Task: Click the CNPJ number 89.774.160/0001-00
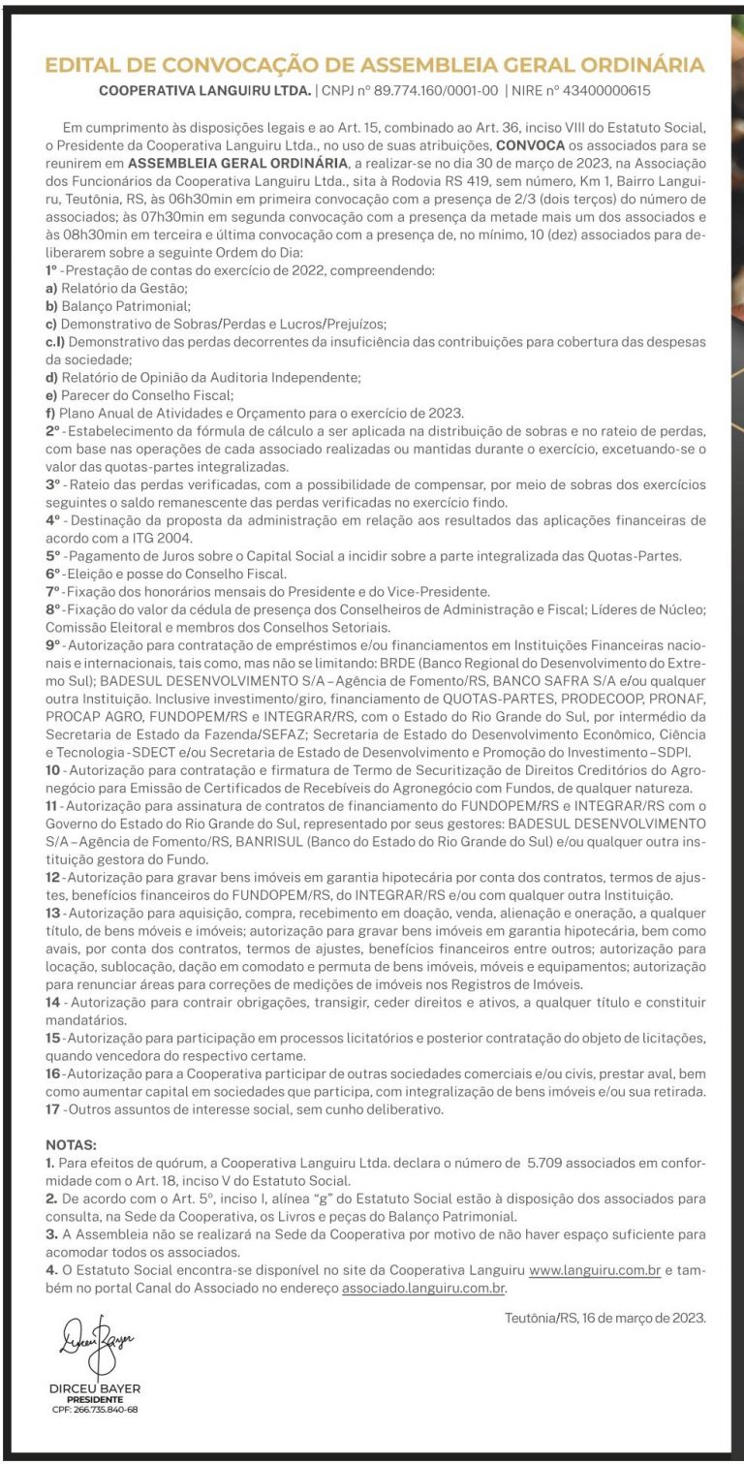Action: click(x=435, y=91)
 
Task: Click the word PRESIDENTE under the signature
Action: click(x=94, y=1399)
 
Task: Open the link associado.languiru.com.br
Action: click(x=423, y=1288)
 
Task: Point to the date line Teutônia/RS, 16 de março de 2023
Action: click(x=605, y=1317)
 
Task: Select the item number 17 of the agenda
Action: click(x=53, y=1109)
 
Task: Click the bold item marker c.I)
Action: click(x=56, y=342)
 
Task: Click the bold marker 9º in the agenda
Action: click(x=53, y=644)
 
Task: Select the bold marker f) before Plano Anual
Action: click(x=50, y=412)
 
